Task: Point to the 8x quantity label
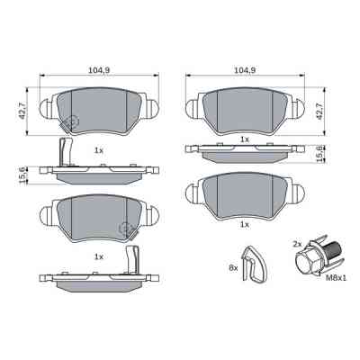(x=232, y=268)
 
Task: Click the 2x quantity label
(x=299, y=244)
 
